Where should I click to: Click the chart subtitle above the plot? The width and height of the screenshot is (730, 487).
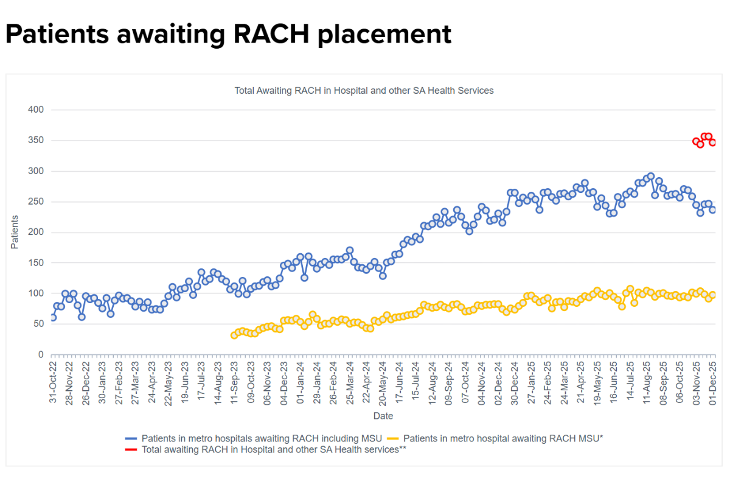pos(364,90)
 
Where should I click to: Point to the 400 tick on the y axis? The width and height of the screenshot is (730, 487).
pos(35,110)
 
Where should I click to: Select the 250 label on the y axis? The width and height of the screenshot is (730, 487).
pos(35,201)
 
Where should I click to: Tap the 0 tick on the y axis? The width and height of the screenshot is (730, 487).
pos(40,354)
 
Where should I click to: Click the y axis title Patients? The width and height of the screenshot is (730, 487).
pos(15,232)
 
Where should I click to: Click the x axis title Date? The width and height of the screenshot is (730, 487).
pos(383,416)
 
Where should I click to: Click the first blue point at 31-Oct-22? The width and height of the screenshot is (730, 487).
pos(53,317)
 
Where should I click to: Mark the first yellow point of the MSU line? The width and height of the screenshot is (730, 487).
pos(234,335)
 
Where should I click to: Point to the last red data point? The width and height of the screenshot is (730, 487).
pos(712,142)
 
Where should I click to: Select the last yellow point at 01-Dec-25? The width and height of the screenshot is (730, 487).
pos(712,295)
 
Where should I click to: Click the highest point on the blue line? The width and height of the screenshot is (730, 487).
pos(650,176)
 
